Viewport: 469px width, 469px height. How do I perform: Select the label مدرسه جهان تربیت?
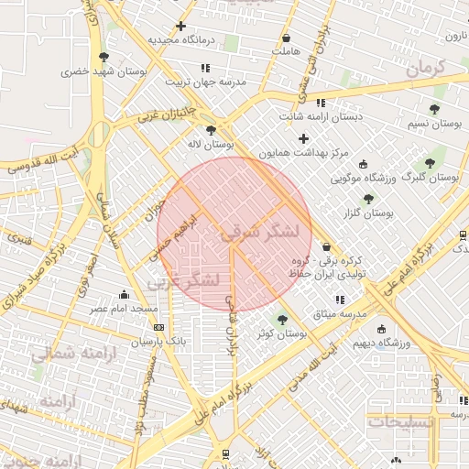(206, 82)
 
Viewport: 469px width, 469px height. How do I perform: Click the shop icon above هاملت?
(287, 38)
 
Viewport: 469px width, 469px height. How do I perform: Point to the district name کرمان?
(425, 66)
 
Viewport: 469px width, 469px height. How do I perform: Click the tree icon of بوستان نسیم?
(433, 108)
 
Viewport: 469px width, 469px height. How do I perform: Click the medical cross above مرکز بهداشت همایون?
(304, 138)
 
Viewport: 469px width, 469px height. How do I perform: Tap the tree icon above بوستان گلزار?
(368, 198)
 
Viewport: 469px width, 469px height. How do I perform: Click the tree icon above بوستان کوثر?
(281, 320)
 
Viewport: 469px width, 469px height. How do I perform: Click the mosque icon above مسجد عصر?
(124, 294)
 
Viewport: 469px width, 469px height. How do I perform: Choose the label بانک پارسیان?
(158, 341)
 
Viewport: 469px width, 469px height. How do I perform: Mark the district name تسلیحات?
(400, 422)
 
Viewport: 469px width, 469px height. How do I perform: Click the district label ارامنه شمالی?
(74, 355)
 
